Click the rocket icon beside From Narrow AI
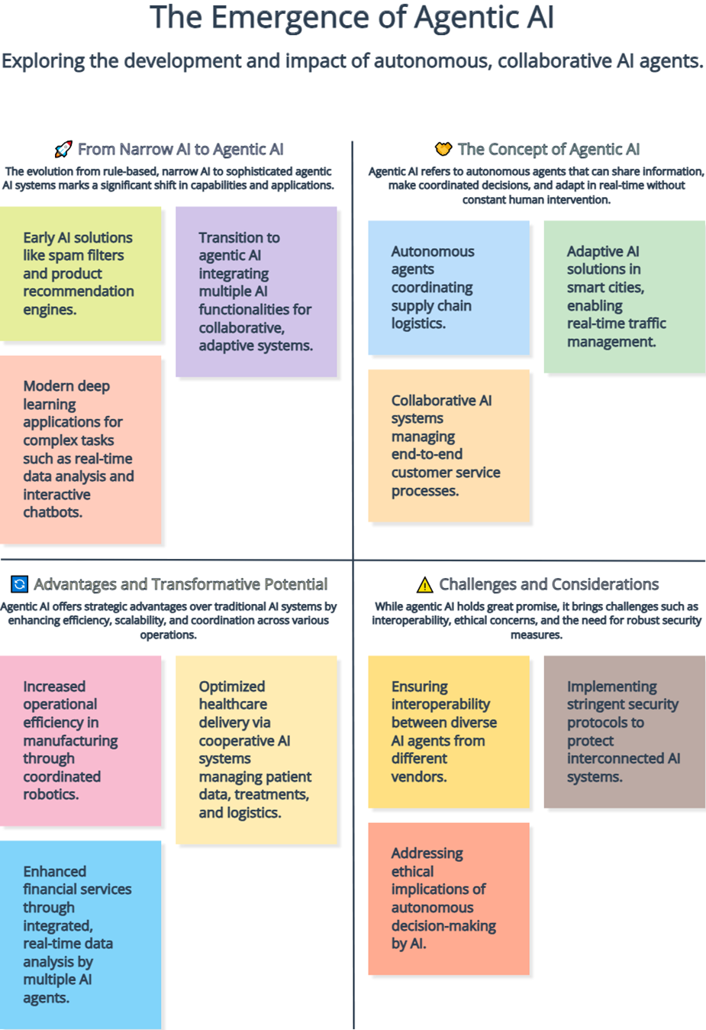tap(63, 149)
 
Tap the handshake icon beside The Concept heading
tap(443, 149)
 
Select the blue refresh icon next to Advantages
tap(19, 584)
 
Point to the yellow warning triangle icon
tap(424, 584)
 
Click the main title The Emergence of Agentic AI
tap(352, 18)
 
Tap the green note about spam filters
tap(80, 273)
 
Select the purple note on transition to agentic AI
tap(256, 292)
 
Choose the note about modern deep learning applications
tap(80, 449)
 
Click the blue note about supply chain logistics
tap(449, 287)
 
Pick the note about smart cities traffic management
tap(624, 296)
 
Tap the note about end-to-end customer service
tap(449, 446)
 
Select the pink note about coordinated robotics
tap(80, 741)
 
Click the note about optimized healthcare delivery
tap(256, 750)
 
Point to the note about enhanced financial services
tap(80, 935)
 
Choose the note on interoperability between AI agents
tap(449, 731)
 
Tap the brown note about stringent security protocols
tap(624, 731)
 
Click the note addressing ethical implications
tap(449, 899)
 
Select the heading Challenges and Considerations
tap(549, 584)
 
